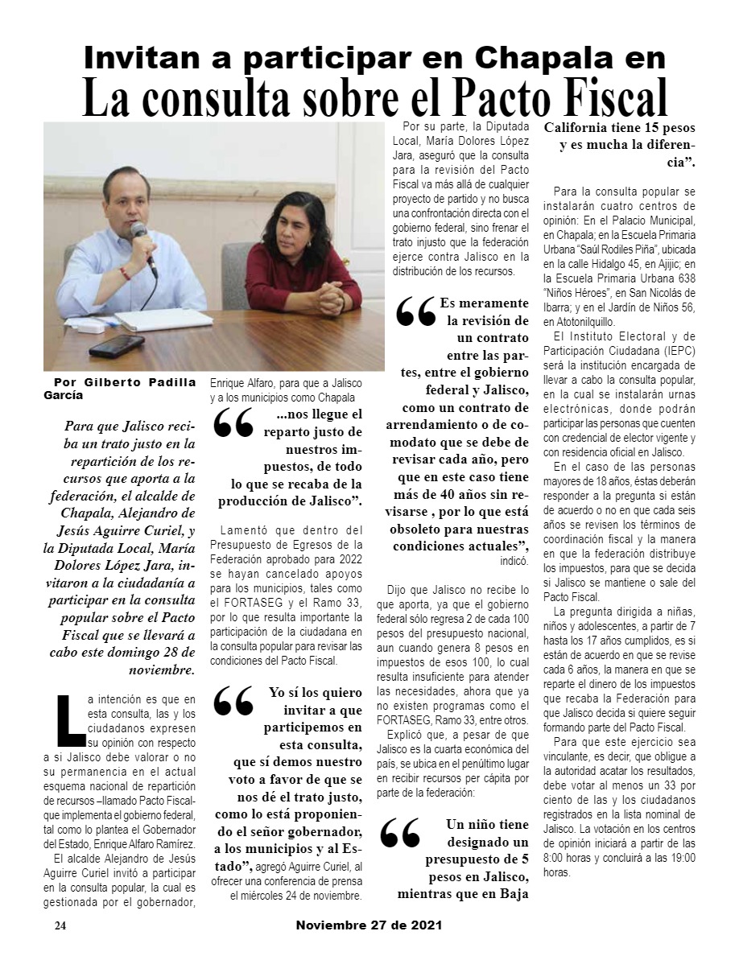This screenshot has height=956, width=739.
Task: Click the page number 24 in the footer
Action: (x=60, y=925)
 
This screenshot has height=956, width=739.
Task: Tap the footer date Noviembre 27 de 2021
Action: (x=369, y=925)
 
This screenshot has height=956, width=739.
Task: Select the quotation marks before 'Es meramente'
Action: (x=415, y=314)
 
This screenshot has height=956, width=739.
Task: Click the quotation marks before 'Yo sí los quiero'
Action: (x=233, y=702)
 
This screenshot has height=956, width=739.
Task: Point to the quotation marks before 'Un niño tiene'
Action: (x=399, y=834)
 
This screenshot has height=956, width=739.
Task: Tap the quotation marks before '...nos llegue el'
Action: (x=233, y=425)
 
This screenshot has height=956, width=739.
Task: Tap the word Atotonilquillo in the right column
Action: (x=588, y=320)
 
